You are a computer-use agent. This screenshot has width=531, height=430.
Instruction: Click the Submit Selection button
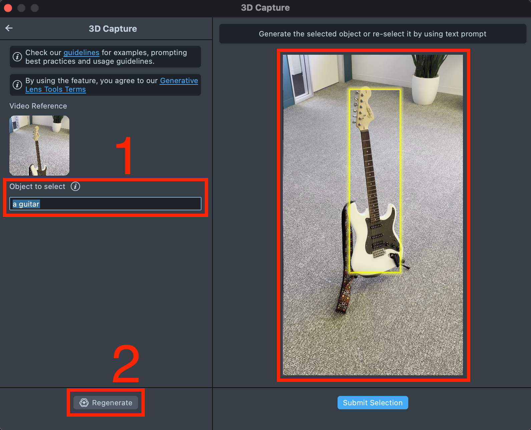(373, 403)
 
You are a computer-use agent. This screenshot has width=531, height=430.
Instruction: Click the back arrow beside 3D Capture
(9, 28)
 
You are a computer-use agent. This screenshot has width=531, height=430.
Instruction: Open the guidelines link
(81, 53)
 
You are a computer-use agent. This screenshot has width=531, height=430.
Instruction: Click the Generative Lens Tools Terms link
(112, 85)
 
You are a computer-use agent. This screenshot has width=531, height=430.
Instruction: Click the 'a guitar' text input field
(105, 204)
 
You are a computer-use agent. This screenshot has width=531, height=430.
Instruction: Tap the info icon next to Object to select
(75, 186)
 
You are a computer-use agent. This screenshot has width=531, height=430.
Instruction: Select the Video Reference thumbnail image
(39, 146)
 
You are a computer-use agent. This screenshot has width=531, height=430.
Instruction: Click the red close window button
(8, 8)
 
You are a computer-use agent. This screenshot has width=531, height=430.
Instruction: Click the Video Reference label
(38, 106)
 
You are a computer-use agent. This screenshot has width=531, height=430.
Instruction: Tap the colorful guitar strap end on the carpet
(343, 305)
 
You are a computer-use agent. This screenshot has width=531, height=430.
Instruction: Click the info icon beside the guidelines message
(17, 57)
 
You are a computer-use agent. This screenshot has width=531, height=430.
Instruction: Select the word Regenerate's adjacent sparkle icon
(84, 403)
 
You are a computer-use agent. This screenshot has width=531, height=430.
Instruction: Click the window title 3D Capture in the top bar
(265, 8)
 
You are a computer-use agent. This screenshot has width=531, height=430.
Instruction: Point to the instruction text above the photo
(373, 34)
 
